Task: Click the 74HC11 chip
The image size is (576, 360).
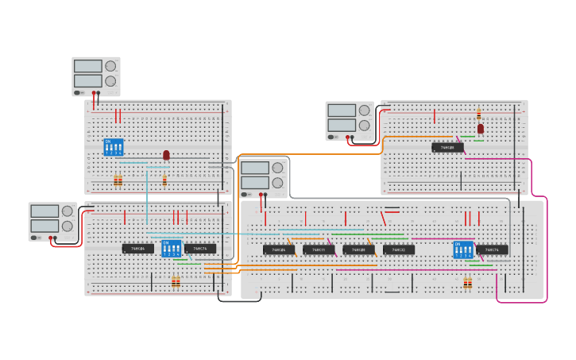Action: click(x=319, y=250)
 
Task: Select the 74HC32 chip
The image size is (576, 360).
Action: click(x=399, y=250)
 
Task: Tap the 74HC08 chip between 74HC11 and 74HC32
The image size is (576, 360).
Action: click(x=359, y=250)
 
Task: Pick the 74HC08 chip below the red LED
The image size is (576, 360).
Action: click(x=447, y=147)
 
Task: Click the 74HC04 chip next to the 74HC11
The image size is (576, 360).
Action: click(x=279, y=250)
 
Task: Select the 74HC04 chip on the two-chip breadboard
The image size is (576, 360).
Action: click(x=138, y=249)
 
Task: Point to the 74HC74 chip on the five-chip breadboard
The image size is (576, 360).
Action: click(x=492, y=250)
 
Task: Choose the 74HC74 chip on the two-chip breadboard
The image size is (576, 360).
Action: click(x=200, y=249)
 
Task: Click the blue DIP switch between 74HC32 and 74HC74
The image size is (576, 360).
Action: click(x=463, y=250)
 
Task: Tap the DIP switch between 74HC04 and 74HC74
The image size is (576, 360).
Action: click(x=171, y=248)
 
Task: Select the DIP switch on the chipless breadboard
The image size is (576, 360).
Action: click(x=114, y=147)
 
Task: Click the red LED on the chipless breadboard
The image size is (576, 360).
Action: click(x=166, y=155)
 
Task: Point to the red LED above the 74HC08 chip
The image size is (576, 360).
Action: click(x=481, y=128)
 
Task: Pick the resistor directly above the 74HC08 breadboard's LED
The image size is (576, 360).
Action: click(x=478, y=114)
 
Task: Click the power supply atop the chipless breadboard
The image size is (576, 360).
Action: click(x=95, y=76)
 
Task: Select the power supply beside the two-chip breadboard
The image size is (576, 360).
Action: click(x=53, y=221)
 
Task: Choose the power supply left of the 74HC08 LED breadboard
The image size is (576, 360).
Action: click(x=350, y=121)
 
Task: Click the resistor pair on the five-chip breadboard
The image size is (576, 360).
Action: click(x=468, y=281)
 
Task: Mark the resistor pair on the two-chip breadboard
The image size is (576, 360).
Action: click(x=176, y=281)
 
